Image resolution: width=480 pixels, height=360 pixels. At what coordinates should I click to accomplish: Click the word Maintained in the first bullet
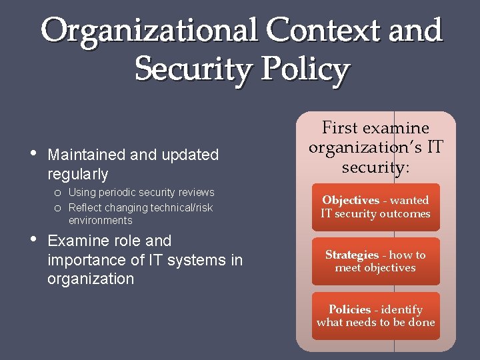tap(87, 155)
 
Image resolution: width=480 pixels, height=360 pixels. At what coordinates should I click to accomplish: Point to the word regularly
tap(77, 175)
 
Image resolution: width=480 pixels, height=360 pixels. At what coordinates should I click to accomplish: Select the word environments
tap(100, 221)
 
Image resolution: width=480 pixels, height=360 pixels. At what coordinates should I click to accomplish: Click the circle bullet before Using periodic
tap(59, 193)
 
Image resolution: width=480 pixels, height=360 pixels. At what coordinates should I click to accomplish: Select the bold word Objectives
tap(350, 200)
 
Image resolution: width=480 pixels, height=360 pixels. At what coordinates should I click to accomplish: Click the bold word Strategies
tap(352, 255)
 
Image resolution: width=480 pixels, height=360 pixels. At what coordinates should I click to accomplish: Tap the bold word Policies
tap(349, 309)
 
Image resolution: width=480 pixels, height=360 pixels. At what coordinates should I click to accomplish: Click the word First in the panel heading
tap(339, 128)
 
